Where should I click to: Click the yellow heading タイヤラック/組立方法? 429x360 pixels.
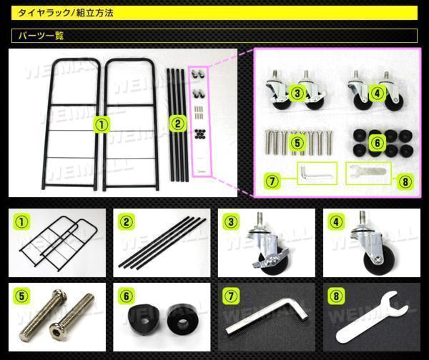pyautogui.click(x=65, y=13)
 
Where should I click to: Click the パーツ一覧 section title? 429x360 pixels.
pyautogui.click(x=41, y=36)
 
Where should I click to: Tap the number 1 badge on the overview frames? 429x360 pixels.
pyautogui.click(x=102, y=125)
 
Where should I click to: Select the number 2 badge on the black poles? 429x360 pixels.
pyautogui.click(x=178, y=124)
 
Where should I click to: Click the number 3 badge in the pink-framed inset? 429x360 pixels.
pyautogui.click(x=297, y=93)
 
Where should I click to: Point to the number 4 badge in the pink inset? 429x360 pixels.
pyautogui.click(x=378, y=93)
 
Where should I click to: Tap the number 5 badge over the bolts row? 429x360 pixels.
pyautogui.click(x=297, y=143)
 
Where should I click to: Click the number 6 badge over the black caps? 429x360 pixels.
pyautogui.click(x=378, y=143)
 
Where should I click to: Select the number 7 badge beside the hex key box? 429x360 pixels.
pyautogui.click(x=272, y=181)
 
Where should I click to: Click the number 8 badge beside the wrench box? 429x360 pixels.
pyautogui.click(x=405, y=181)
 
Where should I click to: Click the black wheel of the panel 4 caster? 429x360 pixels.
pyautogui.click(x=374, y=260)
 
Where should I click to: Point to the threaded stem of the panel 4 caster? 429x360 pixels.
pyautogui.click(x=363, y=219)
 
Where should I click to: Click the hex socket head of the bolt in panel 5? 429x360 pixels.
pyautogui.click(x=56, y=329)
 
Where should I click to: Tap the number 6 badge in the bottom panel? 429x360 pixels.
pyautogui.click(x=127, y=296)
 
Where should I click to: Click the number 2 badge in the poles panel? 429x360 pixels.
pyautogui.click(x=127, y=222)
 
